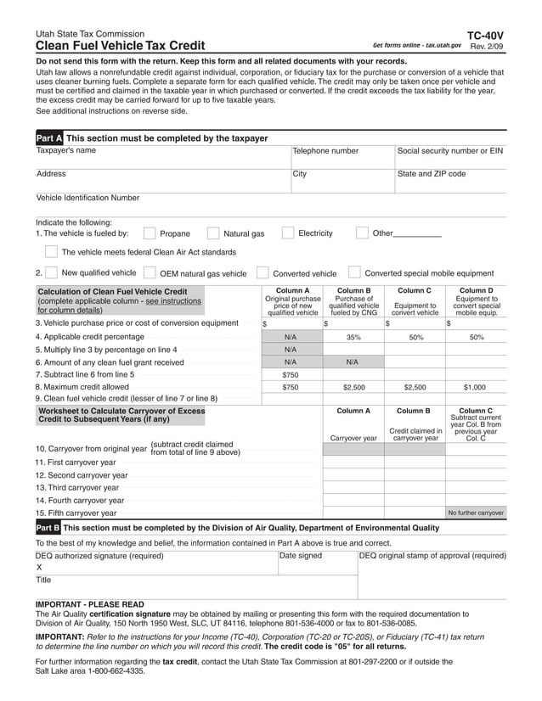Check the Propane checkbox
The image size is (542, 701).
pyautogui.click(x=150, y=233)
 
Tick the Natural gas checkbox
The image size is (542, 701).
pyautogui.click(x=213, y=233)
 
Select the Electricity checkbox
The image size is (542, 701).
pyautogui.click(x=288, y=233)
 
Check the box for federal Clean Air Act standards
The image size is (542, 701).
pyautogui.click(x=52, y=251)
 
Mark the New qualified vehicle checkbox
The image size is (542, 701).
pyautogui.click(x=52, y=273)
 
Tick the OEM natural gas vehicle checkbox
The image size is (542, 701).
pyautogui.click(x=150, y=273)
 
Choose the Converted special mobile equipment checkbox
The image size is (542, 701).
pyautogui.click(x=354, y=273)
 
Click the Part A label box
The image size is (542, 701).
pyautogui.click(x=49, y=138)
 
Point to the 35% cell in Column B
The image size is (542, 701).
pyautogui.click(x=353, y=337)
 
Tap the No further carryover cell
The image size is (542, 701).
pyautogui.click(x=476, y=513)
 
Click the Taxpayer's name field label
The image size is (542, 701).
pyautogui.click(x=66, y=151)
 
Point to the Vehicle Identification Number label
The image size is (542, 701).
pyautogui.click(x=88, y=198)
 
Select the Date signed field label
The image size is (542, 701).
pyautogui.click(x=302, y=556)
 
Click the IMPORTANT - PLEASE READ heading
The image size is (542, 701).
pyautogui.click(x=89, y=604)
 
